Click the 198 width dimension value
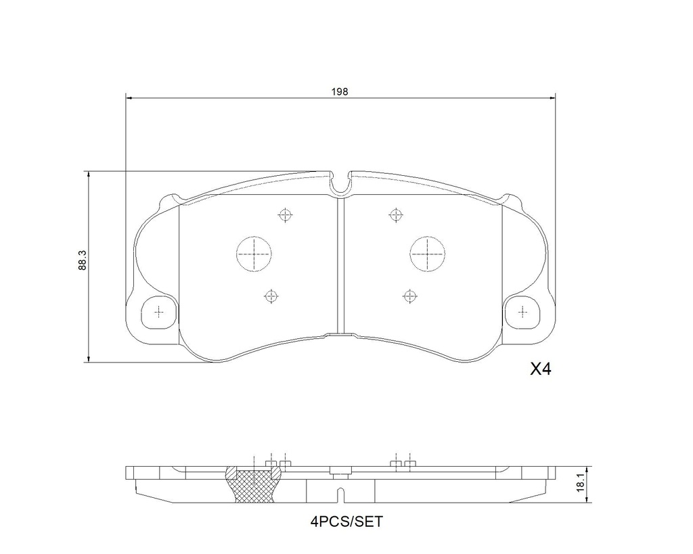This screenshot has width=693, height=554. [x=340, y=91]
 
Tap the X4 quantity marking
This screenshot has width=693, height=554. [x=541, y=369]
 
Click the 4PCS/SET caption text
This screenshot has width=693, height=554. [x=346, y=522]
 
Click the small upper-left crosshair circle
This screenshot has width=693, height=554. [x=286, y=215]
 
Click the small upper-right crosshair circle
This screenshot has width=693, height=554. [x=395, y=215]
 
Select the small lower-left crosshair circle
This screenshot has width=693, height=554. [x=271, y=296]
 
